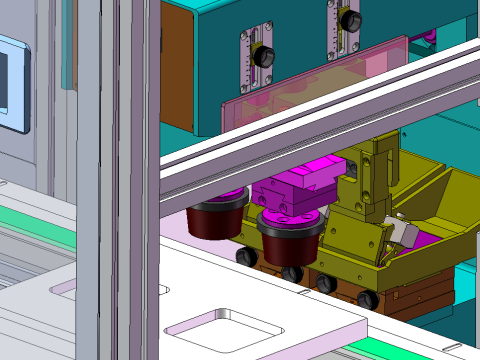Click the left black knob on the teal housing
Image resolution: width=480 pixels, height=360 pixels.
(264, 58)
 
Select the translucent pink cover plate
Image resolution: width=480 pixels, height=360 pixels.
(300, 85)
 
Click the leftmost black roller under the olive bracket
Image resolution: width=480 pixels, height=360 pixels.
(244, 257)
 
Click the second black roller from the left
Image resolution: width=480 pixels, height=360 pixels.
(292, 272)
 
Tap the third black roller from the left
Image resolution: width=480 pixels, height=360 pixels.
(325, 283)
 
